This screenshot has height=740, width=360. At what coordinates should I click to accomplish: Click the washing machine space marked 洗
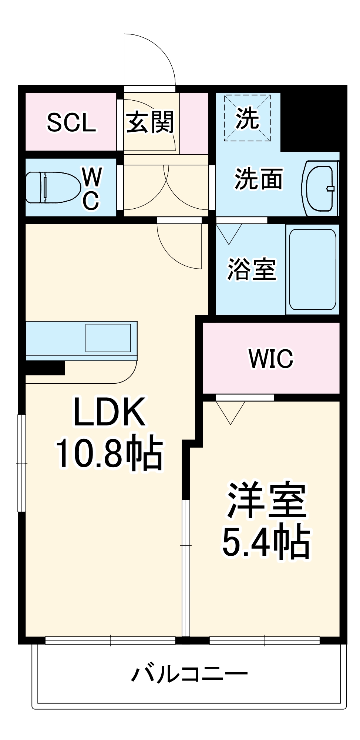pos(247,118)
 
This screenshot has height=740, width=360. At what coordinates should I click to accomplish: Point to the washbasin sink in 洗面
pos(320,188)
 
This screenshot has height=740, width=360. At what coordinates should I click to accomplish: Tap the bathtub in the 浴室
pos(312,269)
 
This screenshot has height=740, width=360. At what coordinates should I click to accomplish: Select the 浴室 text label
pos(251,269)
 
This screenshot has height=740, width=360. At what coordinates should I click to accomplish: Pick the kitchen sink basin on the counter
pos(108,338)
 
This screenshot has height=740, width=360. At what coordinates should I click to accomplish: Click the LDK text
pos(110,412)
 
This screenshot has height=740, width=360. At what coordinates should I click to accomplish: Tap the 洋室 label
pos(266,501)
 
